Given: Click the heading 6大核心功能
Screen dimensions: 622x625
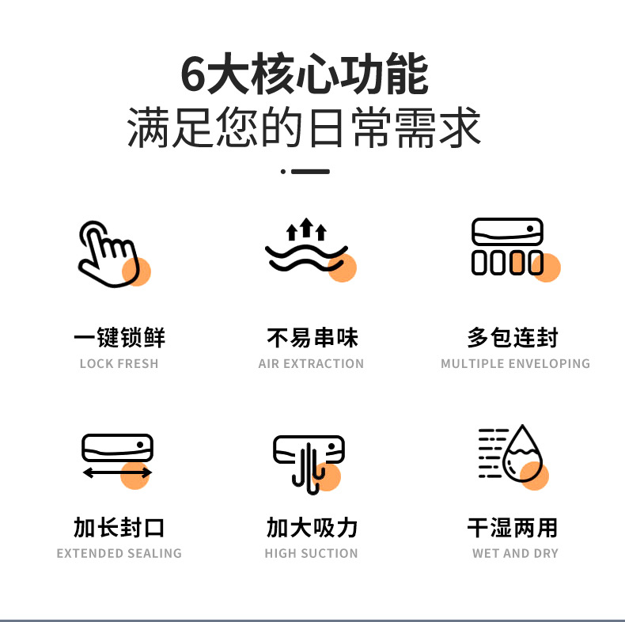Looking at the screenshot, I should point(305,75).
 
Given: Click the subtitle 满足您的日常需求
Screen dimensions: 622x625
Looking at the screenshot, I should point(305,128).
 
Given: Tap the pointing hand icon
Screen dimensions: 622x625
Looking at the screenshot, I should point(109,253).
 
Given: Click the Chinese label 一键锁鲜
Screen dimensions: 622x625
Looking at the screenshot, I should point(119,338).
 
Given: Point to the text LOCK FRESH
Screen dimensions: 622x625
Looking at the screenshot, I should point(119,364).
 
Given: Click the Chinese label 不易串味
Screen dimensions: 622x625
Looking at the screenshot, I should point(312,338).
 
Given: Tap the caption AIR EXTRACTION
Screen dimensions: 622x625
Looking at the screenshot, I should point(311,364).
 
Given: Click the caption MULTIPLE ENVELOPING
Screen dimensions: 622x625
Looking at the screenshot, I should point(515,364).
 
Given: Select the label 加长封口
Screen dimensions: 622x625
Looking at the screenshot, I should point(119,528).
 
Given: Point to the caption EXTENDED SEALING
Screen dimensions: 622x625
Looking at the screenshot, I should point(119,554).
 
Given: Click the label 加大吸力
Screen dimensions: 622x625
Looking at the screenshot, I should point(312,528).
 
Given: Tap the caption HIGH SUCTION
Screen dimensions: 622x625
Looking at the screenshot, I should point(311,554).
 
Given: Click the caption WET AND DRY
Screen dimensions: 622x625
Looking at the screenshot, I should point(515,554).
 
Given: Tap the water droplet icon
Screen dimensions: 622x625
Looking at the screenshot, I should point(522,455).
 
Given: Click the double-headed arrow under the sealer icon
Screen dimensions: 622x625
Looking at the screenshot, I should point(117,473).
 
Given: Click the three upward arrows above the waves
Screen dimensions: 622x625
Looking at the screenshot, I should point(307,230).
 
